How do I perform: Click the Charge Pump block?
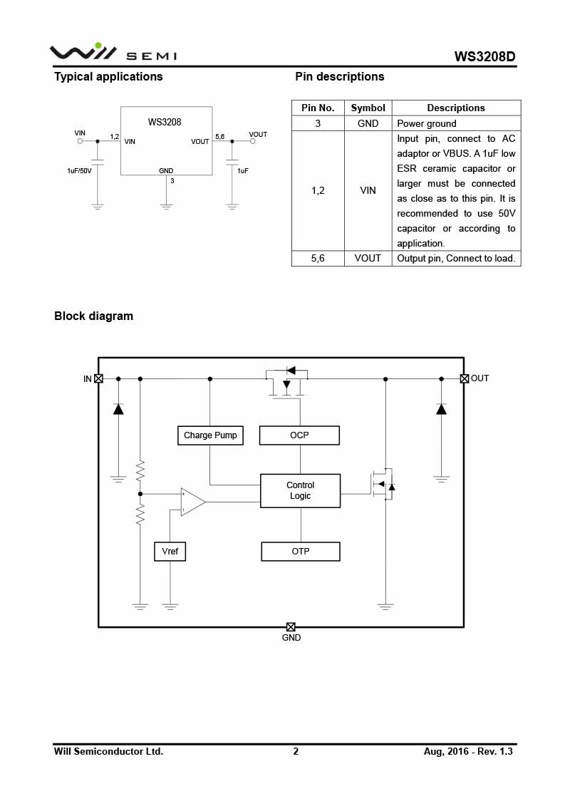coord(210,435)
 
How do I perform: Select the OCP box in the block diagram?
coord(299,435)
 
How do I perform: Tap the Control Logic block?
coord(300,490)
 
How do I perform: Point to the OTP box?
coord(300,552)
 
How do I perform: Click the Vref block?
coord(170,552)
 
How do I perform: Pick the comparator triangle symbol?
coord(192,502)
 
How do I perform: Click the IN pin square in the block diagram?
coord(98,378)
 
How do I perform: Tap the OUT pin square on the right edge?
coord(465,378)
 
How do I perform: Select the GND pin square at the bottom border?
coord(291,627)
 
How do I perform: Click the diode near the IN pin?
coord(118,409)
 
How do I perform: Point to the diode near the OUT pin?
coord(441,409)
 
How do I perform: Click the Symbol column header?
coord(368,108)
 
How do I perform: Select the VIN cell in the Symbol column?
coord(368,190)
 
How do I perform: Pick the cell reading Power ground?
coord(427,123)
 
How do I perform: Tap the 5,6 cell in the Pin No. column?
coord(318,258)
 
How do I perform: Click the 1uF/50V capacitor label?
coord(79,171)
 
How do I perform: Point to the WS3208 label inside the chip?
coord(165,122)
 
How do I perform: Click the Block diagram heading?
coord(93,316)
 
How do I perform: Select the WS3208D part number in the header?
coord(484,56)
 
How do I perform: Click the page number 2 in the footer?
coord(296,751)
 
